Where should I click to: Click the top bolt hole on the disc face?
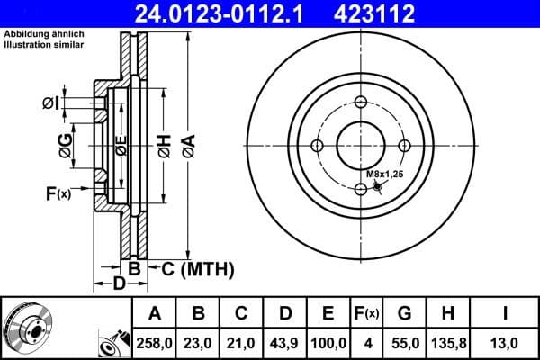click(x=360, y=102)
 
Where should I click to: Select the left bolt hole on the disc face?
click(x=317, y=145)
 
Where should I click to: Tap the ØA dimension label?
click(x=188, y=144)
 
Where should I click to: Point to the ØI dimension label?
click(x=50, y=103)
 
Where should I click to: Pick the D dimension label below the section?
click(x=118, y=285)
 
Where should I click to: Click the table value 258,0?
click(x=155, y=343)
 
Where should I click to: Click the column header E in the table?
click(x=328, y=313)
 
